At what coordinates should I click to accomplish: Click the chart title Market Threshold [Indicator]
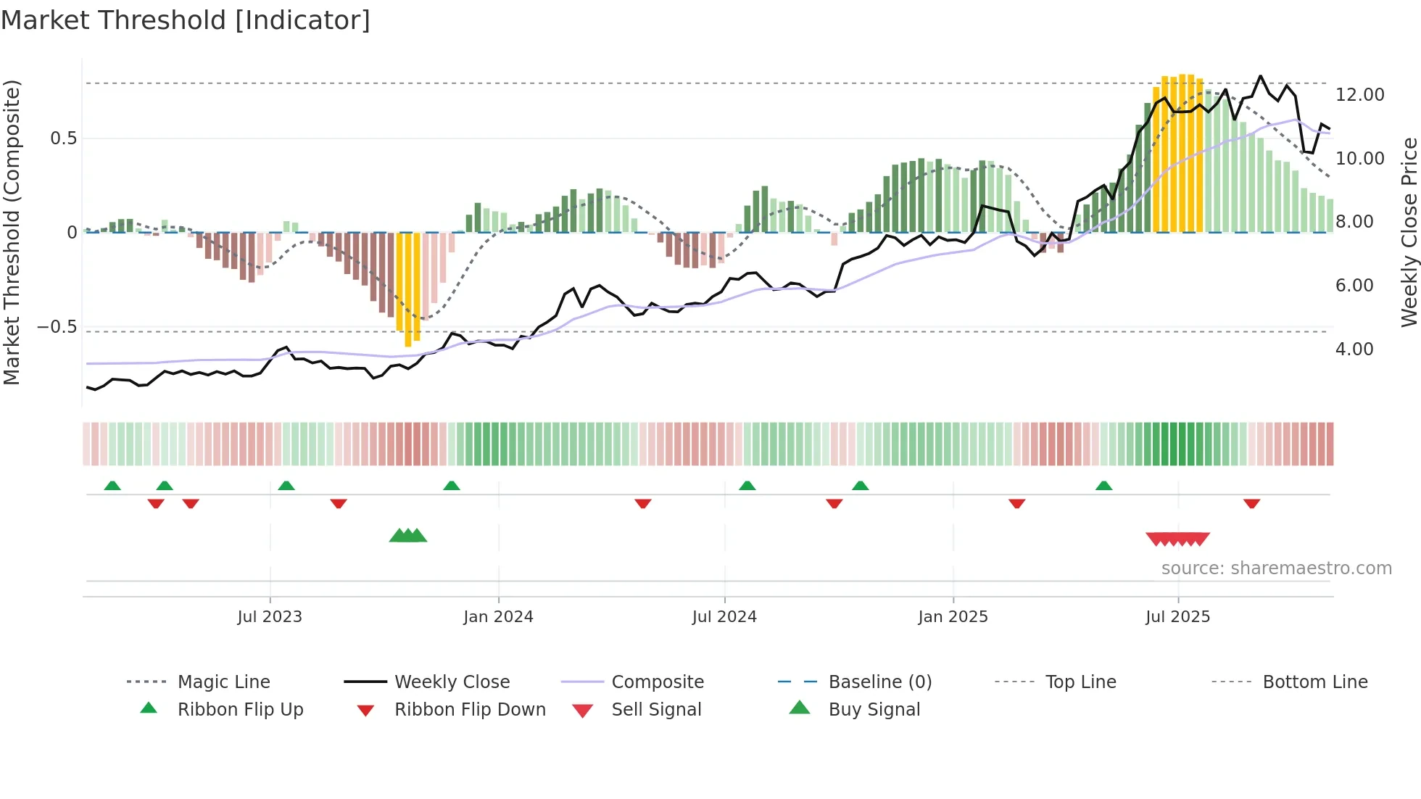[186, 20]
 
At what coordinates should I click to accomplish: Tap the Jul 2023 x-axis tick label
[269, 617]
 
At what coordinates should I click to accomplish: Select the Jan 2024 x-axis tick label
[498, 617]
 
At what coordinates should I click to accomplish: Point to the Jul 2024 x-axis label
[724, 617]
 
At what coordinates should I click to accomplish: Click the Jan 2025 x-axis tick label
[953, 617]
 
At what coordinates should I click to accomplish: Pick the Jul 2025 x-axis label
[1177, 617]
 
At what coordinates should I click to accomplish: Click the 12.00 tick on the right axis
[1359, 95]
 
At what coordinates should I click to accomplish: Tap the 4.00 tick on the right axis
[1354, 349]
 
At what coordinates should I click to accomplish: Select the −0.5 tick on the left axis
[57, 327]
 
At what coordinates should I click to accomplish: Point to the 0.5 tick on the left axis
[63, 138]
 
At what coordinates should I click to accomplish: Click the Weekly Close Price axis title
[1409, 232]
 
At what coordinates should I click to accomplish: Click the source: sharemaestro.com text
[1276, 568]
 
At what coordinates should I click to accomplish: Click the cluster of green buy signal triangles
[407, 536]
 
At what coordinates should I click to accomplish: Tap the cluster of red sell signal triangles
[1177, 539]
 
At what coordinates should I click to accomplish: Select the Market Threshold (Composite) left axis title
[12, 232]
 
